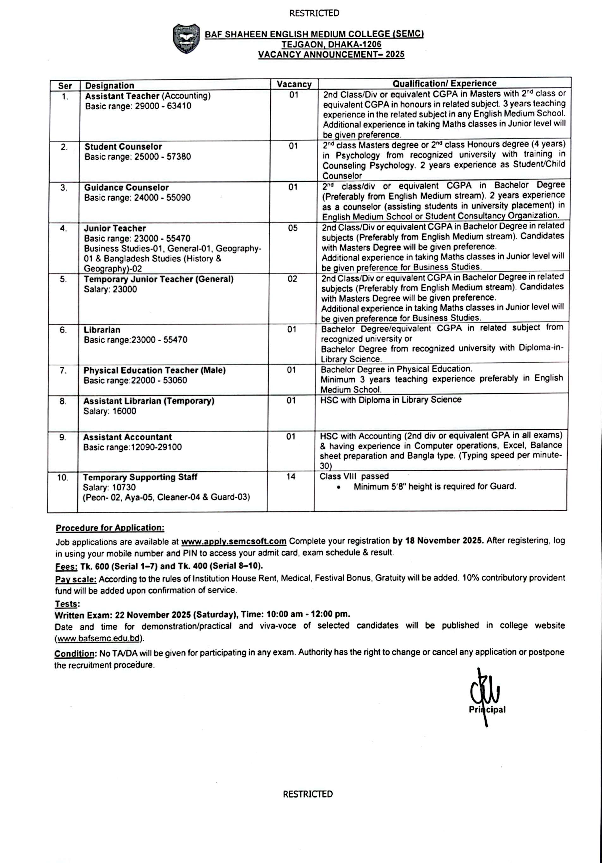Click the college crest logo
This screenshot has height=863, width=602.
point(186,38)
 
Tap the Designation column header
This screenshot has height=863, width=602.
point(109,86)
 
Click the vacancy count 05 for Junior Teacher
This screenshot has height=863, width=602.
point(293,228)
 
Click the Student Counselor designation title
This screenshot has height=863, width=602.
point(123,146)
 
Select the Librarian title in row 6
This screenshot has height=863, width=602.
point(102,330)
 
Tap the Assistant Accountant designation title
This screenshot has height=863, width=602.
point(127,437)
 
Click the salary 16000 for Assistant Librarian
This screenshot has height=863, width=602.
point(124,411)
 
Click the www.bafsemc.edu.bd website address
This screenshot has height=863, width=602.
point(100,638)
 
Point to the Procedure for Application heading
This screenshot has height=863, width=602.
point(110,528)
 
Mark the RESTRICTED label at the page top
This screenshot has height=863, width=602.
point(314,14)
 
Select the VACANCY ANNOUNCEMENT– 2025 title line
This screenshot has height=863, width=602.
point(331,54)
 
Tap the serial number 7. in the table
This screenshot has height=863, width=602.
point(63,371)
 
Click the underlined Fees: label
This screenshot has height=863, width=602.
point(66,567)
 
